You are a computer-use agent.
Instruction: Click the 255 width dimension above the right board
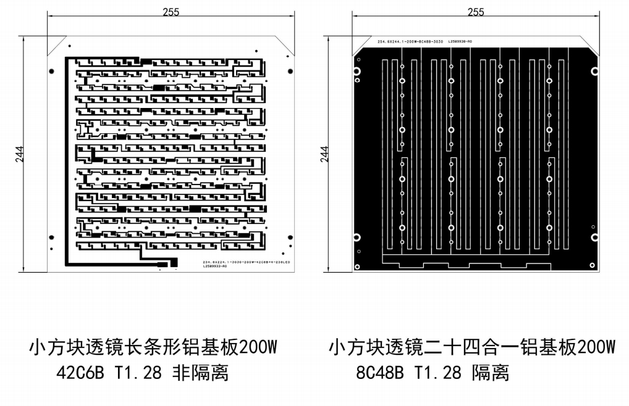(x=476, y=12)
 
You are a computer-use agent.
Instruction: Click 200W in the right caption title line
(x=592, y=347)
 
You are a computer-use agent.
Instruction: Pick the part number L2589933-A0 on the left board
(x=216, y=267)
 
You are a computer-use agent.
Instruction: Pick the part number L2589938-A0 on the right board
(x=460, y=41)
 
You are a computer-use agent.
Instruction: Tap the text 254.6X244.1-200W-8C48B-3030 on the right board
(x=410, y=41)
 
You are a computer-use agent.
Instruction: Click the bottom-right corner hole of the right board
(x=593, y=266)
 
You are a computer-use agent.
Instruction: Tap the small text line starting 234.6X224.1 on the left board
(x=239, y=263)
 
